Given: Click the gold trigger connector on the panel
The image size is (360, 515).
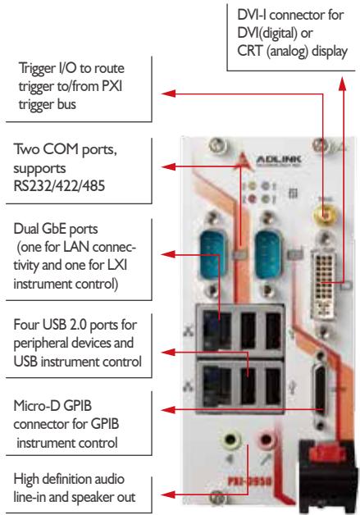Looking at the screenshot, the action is [325, 215].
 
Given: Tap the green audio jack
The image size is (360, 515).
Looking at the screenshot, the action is [231, 440].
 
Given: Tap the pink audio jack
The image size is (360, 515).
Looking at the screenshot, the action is [266, 439].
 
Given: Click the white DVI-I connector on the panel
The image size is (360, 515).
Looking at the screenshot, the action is [324, 284].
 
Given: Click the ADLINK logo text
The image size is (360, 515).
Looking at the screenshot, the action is [278, 160].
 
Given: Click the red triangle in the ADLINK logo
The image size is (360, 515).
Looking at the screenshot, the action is [244, 160].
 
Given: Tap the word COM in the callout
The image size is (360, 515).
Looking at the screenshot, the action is [61, 149].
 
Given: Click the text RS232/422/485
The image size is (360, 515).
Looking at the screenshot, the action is [59, 186].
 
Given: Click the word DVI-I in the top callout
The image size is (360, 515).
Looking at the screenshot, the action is [253, 15].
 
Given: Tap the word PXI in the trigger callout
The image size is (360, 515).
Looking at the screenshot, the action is [112, 86].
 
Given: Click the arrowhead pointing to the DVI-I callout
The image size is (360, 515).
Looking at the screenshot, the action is [343, 84].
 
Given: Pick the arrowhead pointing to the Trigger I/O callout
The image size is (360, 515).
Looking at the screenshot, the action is [168, 93].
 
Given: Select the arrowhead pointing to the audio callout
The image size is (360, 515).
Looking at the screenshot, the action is [168, 494].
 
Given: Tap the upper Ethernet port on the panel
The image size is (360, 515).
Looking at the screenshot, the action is [216, 330].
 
